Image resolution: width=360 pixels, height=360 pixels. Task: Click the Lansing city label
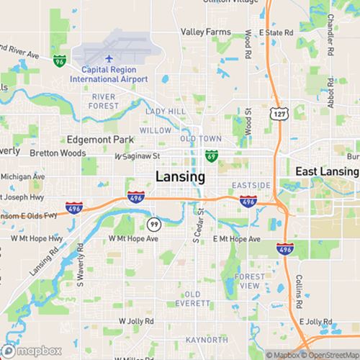pyautogui.click(x=180, y=176)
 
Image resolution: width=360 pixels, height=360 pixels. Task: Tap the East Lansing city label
pyautogui.click(x=328, y=171)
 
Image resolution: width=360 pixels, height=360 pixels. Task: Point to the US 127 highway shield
pyautogui.click(x=277, y=114)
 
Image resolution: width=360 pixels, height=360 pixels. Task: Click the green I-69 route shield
pyautogui.click(x=211, y=155)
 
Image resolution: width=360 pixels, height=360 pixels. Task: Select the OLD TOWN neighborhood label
pyautogui.click(x=201, y=138)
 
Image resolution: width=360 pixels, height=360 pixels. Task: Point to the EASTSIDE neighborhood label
pyautogui.click(x=253, y=185)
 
